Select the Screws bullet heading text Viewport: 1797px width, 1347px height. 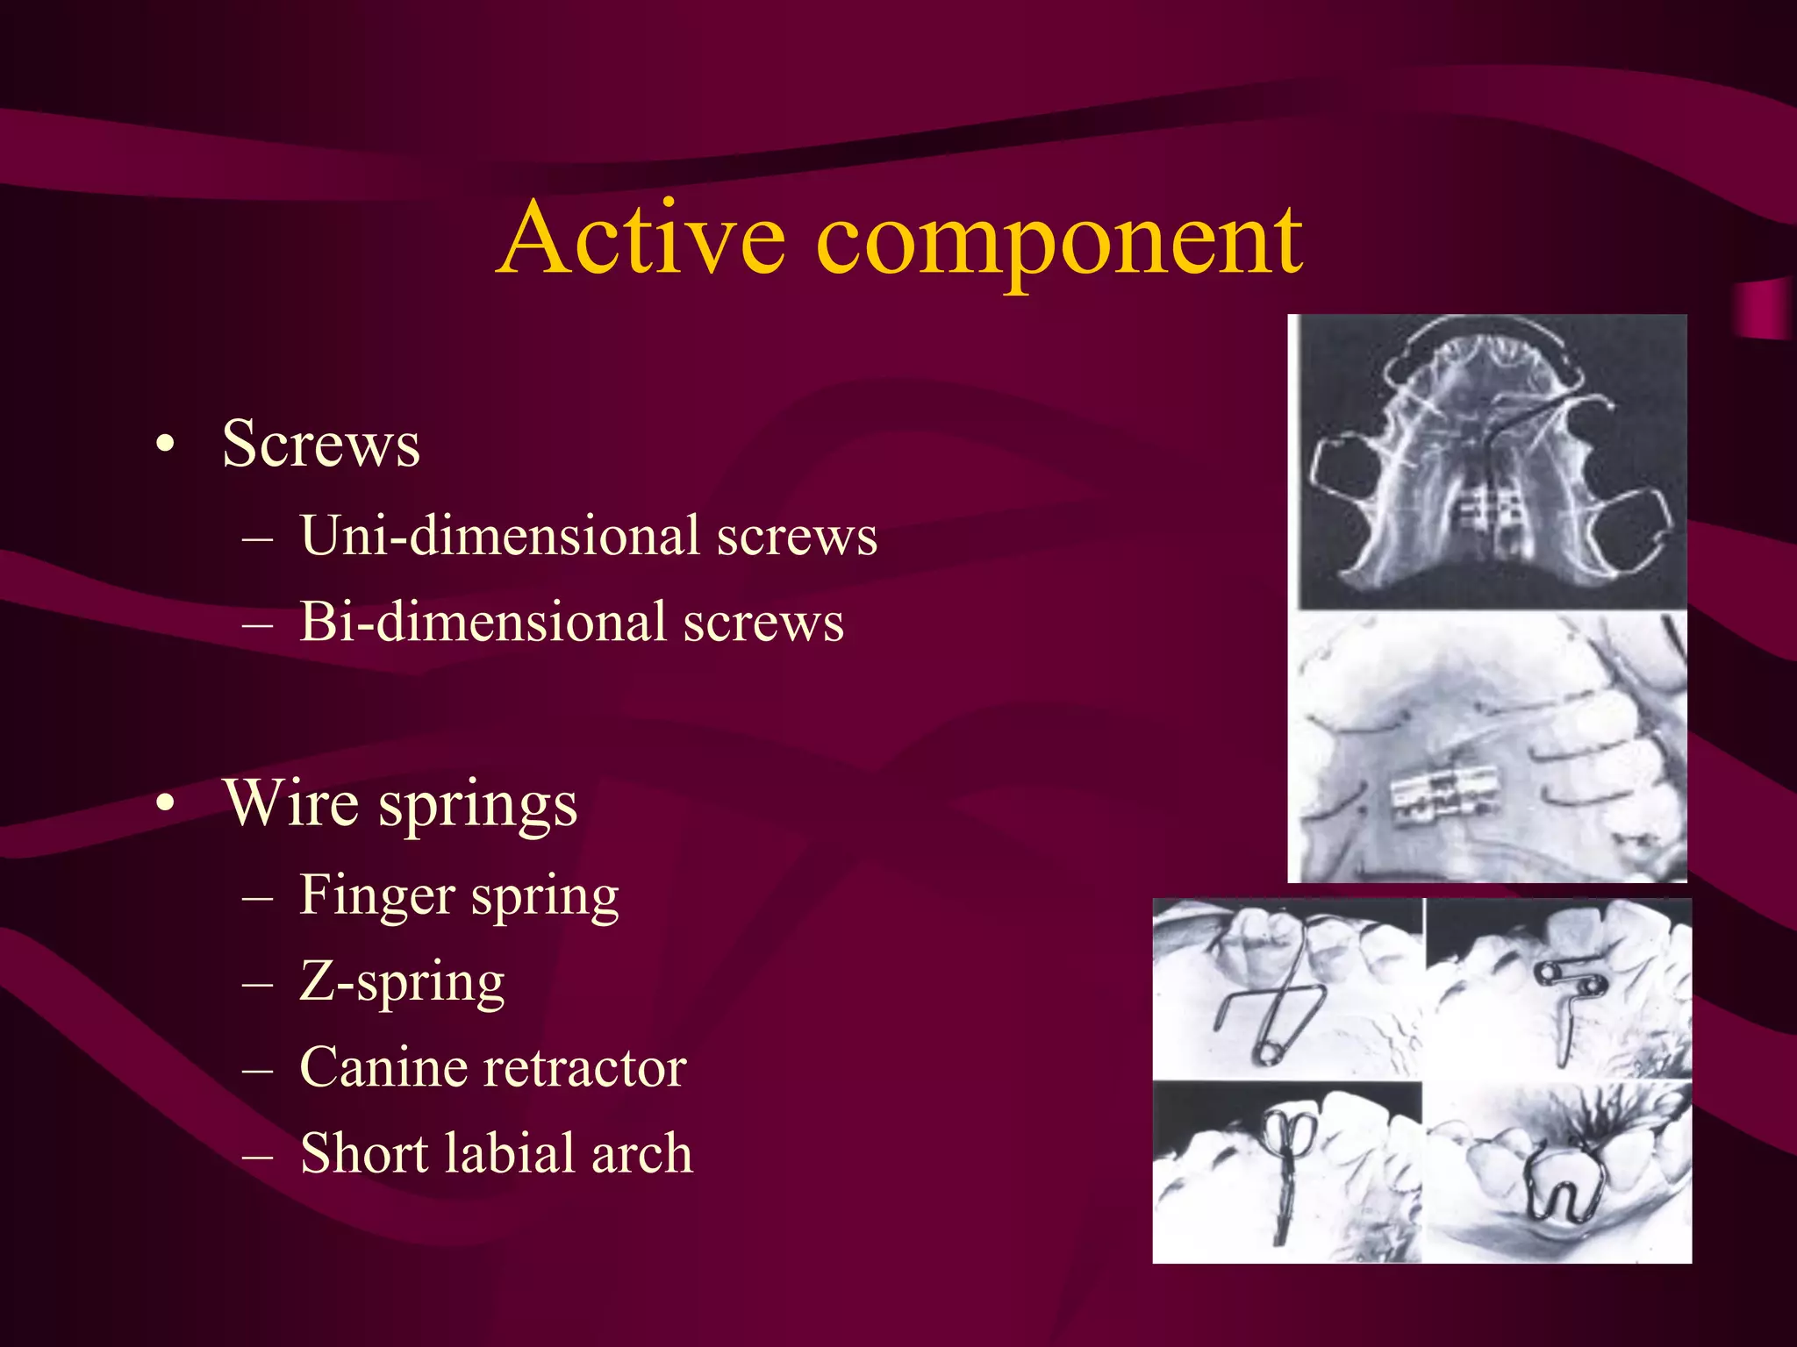pos(320,444)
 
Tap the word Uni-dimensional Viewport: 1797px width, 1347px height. pos(499,535)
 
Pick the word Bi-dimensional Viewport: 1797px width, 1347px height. pos(483,622)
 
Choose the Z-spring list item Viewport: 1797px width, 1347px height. pos(402,981)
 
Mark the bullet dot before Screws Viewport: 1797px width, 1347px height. pos(165,445)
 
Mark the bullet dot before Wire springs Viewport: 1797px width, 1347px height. pos(165,803)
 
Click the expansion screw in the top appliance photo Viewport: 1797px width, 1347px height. pos(1488,513)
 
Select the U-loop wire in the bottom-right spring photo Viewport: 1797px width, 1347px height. pos(1564,1184)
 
